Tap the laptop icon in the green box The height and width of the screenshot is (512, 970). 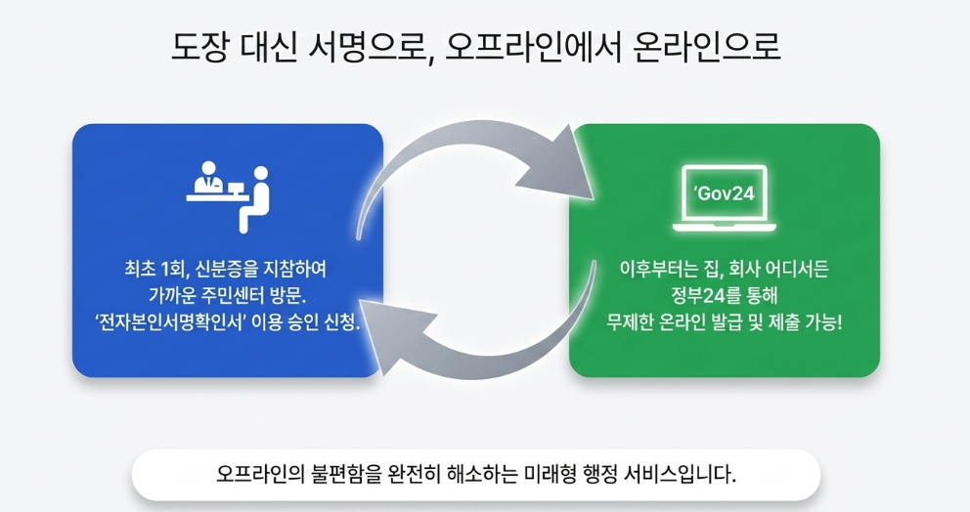[725, 198]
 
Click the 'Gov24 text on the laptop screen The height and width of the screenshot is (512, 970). [725, 192]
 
